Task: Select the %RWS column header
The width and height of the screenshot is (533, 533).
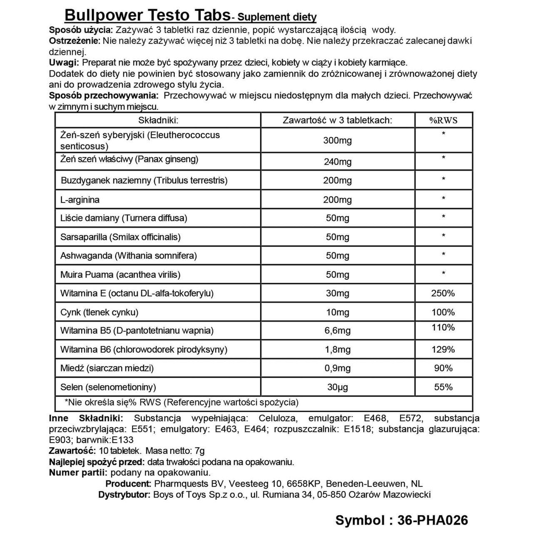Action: point(443,120)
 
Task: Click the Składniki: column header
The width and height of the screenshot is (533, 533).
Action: point(158,120)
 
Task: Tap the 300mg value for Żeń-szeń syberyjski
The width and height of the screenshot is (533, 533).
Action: point(337,140)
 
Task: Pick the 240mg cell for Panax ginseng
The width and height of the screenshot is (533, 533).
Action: point(337,162)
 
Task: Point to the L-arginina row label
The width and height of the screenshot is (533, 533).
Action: point(80,199)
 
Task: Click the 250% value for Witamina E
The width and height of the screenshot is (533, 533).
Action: point(443,293)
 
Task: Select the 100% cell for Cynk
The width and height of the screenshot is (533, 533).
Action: point(443,312)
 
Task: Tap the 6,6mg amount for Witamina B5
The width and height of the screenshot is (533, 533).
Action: point(337,331)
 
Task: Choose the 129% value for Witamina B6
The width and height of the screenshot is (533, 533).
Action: point(443,349)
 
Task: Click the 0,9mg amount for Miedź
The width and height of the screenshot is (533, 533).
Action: point(337,368)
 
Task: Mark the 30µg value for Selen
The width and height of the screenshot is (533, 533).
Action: point(337,387)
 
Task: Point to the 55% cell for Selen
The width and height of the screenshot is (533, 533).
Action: point(443,387)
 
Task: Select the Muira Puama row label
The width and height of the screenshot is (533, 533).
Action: point(120,274)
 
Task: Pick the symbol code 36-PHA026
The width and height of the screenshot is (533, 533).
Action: point(433,520)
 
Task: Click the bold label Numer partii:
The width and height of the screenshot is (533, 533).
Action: point(78,473)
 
